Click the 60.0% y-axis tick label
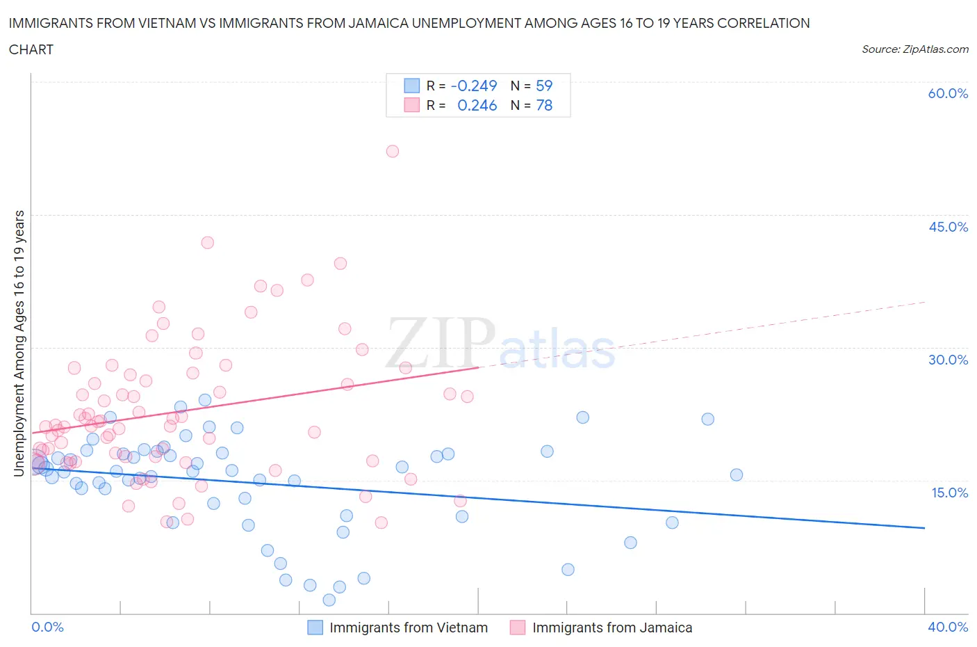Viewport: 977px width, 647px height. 948,93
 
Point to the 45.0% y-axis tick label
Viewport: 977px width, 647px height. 948,227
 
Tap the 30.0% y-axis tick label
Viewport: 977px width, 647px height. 948,360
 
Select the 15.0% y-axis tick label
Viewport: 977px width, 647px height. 948,493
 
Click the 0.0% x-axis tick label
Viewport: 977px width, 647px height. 47,627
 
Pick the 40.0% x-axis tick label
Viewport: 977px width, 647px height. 948,627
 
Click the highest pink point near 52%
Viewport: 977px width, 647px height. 393,151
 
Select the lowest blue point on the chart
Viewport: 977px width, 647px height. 329,600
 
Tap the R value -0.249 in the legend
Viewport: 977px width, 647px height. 474,86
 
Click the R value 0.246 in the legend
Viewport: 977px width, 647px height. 477,105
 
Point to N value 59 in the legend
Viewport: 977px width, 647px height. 544,86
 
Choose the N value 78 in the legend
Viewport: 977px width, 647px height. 544,105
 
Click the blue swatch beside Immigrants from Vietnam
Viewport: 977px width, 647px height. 315,628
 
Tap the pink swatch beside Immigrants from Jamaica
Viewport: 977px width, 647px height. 518,628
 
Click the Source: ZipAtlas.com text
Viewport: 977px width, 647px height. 914,49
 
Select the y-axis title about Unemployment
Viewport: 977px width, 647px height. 19,343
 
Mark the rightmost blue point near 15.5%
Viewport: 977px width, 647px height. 737,475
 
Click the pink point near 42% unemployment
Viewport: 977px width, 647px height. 207,243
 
